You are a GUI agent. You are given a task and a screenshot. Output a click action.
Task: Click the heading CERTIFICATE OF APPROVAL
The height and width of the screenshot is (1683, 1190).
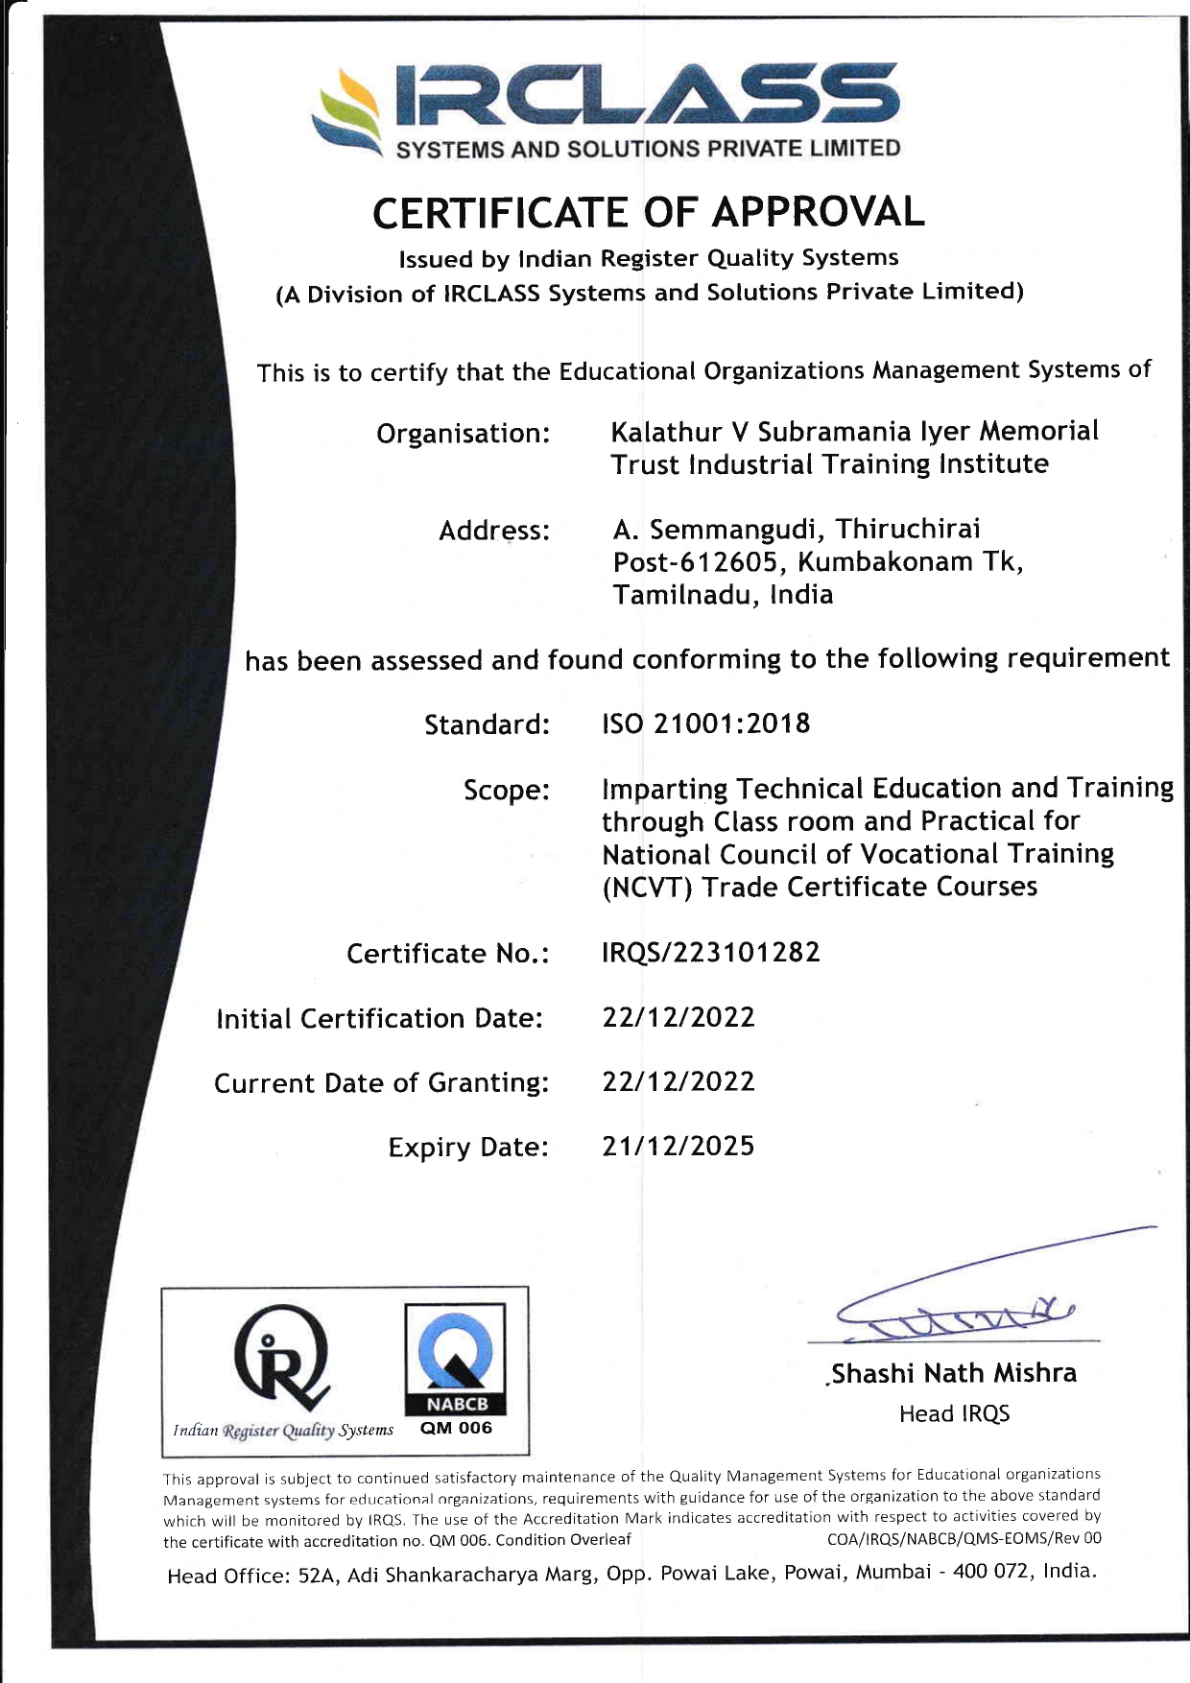click(x=649, y=212)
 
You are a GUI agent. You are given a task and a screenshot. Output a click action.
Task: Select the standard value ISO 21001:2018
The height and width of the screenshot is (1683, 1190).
click(x=705, y=723)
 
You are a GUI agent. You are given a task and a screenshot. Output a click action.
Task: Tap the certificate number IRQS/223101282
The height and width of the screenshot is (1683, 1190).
click(x=710, y=953)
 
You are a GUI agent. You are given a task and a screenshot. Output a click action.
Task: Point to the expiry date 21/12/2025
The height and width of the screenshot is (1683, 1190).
click(x=678, y=1147)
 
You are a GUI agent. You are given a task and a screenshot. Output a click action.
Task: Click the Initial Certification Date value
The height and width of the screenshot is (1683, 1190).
click(x=678, y=1017)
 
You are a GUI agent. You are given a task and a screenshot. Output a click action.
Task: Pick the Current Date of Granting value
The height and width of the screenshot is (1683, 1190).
click(x=678, y=1082)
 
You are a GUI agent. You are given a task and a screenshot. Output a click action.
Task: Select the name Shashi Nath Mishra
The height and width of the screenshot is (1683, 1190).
click(x=954, y=1374)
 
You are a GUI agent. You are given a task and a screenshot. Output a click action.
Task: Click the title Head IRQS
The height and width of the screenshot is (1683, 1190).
click(x=954, y=1414)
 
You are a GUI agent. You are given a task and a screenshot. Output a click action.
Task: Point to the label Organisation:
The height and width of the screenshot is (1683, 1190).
click(x=463, y=434)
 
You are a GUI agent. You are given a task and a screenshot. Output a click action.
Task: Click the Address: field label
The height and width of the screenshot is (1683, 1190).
click(x=494, y=531)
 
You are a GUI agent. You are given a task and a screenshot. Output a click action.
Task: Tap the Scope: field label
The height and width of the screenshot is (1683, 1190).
click(x=507, y=791)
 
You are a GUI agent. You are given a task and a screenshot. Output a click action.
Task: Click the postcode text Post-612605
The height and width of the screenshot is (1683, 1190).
click(x=695, y=562)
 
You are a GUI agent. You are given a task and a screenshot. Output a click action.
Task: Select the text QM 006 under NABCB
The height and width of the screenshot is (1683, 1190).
click(x=456, y=1429)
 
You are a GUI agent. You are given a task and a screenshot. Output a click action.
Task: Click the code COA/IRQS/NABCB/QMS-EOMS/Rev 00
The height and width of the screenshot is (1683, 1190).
click(x=964, y=1539)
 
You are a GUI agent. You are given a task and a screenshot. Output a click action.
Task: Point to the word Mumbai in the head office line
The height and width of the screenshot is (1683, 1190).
click(x=892, y=1572)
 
